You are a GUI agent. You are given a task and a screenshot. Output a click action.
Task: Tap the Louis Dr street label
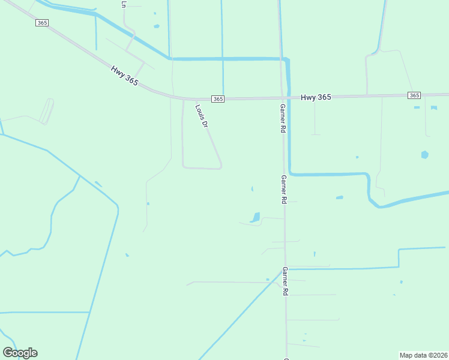[x=202, y=116]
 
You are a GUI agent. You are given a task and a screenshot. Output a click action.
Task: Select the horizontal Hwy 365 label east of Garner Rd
[x=315, y=97]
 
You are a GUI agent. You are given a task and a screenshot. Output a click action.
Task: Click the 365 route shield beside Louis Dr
[x=218, y=98]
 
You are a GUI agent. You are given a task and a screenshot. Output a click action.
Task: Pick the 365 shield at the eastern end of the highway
[x=414, y=95]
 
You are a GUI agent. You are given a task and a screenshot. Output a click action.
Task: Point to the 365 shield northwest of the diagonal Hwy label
[x=41, y=23]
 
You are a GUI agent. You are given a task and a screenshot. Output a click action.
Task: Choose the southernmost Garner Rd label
[x=286, y=281]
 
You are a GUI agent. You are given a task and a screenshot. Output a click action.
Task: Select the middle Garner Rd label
[x=283, y=190]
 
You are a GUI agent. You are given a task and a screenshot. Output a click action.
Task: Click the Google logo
[x=20, y=353]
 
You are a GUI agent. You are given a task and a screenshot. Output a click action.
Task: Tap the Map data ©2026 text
[x=423, y=355]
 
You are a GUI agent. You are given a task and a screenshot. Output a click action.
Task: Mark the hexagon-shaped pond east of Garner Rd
[x=425, y=155]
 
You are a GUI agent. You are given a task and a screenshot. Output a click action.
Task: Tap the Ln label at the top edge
[x=124, y=4]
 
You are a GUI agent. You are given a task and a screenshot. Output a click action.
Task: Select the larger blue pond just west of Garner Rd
[x=256, y=217]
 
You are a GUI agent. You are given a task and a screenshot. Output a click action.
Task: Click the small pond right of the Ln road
[x=157, y=26]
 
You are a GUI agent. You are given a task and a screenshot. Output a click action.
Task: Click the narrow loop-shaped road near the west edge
[x=47, y=112]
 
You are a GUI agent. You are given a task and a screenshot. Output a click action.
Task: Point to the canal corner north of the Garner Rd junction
[x=288, y=59]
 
